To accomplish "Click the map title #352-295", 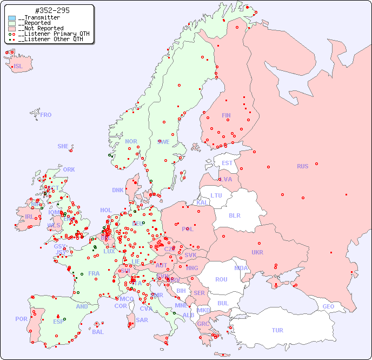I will click(52, 10).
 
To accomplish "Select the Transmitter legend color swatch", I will click(12, 18).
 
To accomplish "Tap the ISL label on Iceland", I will click(18, 67).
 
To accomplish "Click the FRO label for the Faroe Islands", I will click(46, 115).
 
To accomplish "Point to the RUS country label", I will click(302, 166).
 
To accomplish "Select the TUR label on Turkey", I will click(277, 330).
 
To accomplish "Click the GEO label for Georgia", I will click(328, 306).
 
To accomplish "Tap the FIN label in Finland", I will click(226, 115).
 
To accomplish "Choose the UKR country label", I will click(257, 252).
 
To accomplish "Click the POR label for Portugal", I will click(21, 319).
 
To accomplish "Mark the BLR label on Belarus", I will click(234, 215).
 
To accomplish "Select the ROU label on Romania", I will click(221, 279).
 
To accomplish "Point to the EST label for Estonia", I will click(227, 163).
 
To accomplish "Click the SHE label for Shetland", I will click(63, 146).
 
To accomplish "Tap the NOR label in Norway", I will click(131, 141).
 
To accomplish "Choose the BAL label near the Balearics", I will click(98, 332).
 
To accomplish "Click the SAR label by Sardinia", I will click(142, 320).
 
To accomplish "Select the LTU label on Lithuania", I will click(216, 195).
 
